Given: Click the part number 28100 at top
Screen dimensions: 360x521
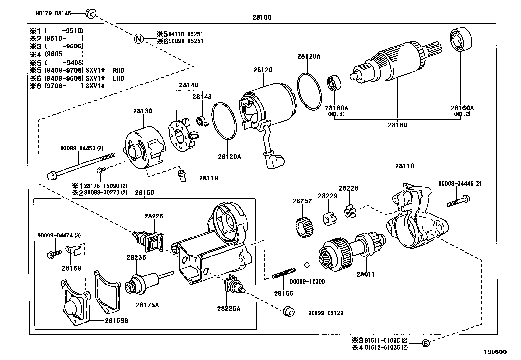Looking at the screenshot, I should [262, 18].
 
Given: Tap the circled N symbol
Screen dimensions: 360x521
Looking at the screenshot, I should [139, 39].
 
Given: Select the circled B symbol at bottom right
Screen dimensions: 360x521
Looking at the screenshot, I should [425, 343].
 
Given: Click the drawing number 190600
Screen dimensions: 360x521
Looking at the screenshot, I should [495, 352].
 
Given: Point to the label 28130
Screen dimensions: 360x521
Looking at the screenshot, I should [143, 111].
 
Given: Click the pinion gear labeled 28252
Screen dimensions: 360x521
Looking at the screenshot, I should [304, 227].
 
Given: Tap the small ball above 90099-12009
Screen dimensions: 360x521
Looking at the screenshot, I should [307, 265].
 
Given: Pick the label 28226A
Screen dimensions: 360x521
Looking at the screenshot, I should [228, 308].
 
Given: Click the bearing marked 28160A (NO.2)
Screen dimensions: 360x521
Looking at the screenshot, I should [461, 39].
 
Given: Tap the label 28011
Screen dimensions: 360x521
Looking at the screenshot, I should [366, 274].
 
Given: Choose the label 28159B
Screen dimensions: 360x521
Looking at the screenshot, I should [117, 320].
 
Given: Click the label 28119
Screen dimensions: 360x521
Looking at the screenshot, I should [208, 178].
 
